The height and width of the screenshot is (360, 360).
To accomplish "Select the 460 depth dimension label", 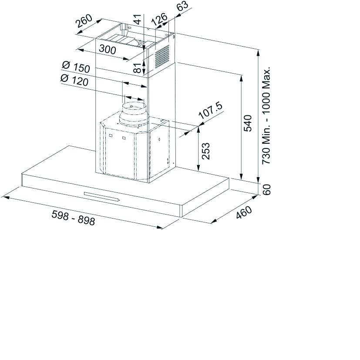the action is click(x=244, y=212).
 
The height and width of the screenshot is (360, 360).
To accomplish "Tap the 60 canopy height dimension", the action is click(x=266, y=190).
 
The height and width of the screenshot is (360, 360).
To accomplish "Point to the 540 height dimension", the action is click(x=248, y=123).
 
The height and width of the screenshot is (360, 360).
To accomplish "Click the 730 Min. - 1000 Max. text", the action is click(x=266, y=115).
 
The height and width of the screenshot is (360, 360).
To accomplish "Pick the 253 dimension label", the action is click(x=206, y=151).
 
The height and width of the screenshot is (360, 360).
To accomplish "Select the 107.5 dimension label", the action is click(x=211, y=111).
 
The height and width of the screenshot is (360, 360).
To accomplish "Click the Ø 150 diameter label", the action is click(x=76, y=67).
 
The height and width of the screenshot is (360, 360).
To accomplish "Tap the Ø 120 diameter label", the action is click(x=74, y=80).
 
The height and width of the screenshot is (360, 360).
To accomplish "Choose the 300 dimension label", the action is click(x=108, y=49).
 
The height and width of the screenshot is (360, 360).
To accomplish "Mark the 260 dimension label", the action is click(x=84, y=21).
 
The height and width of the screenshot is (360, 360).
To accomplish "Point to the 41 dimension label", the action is click(x=138, y=19).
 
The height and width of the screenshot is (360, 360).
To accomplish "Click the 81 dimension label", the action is click(x=138, y=67).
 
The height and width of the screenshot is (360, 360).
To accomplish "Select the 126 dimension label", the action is click(x=159, y=19).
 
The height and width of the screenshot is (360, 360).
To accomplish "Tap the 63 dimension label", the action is click(x=183, y=6).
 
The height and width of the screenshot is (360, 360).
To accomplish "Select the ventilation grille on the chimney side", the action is click(x=162, y=56).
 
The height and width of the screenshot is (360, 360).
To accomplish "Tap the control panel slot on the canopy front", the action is click(x=102, y=196).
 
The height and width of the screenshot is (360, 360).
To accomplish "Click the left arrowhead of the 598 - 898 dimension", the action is click(x=5, y=197).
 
